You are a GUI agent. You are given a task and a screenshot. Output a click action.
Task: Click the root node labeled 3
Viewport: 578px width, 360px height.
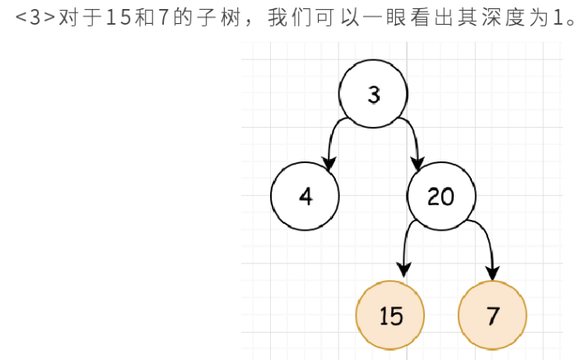coord(375,95)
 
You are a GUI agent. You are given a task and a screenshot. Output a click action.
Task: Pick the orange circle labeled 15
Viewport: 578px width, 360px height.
coord(390,316)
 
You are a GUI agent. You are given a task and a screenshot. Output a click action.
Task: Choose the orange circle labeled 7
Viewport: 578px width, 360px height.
coord(492,316)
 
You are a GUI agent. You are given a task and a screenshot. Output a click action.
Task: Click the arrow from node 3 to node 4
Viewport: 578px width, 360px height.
coord(333,140)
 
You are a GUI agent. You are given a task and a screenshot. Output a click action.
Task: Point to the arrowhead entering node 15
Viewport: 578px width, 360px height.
coord(403,269)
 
